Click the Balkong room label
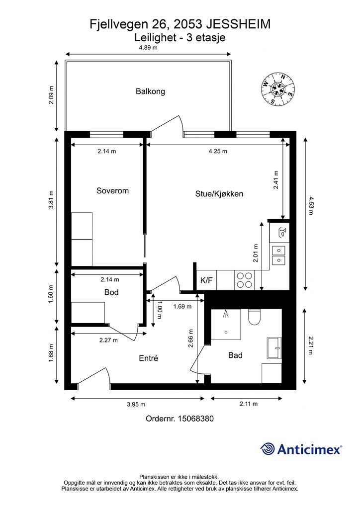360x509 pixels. click(150, 91)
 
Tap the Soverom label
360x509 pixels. click(113, 190)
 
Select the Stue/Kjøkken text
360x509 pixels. click(219, 194)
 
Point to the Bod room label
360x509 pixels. click(111, 292)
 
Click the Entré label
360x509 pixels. click(149, 358)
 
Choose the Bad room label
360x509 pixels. click(235, 355)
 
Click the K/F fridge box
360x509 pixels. click(206, 280)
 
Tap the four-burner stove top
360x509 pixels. click(245, 280)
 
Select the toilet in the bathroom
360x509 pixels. click(254, 317)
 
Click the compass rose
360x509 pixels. click(278, 89)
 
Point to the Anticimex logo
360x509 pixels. click(301, 449)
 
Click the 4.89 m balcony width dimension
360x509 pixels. click(148, 48)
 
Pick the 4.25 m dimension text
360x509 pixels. click(218, 151)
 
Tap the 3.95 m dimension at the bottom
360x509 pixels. click(136, 404)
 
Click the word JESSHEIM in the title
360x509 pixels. click(238, 24)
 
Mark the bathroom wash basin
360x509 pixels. click(274, 348)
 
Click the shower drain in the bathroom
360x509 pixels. click(226, 332)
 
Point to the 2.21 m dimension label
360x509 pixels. click(310, 346)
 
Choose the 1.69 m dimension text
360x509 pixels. click(182, 306)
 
